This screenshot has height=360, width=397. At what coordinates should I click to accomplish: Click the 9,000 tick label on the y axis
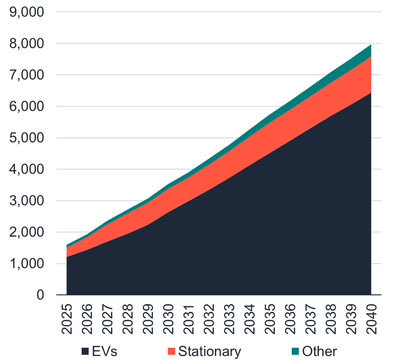(x=26, y=12)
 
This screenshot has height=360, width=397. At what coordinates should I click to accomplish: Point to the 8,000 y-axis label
(x=26, y=44)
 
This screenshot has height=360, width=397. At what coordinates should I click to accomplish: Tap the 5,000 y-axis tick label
(x=26, y=138)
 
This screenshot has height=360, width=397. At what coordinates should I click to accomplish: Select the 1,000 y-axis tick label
(x=26, y=264)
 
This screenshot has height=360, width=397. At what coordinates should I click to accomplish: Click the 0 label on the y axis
(x=40, y=295)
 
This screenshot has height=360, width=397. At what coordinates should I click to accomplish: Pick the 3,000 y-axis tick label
(x=26, y=201)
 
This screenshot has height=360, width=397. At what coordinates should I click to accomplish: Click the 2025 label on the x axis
(x=67, y=319)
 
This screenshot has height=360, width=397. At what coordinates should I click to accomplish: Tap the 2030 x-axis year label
(x=169, y=319)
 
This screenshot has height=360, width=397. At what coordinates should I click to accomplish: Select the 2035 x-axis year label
(x=270, y=319)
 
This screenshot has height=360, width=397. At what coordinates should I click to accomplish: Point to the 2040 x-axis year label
(x=371, y=319)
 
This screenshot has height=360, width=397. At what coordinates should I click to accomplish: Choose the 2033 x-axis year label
(x=230, y=319)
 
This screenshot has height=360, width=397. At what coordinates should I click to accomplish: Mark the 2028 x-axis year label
(x=128, y=319)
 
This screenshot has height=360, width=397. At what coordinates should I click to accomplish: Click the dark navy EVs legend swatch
(x=85, y=351)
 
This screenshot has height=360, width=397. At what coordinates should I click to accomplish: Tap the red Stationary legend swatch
(x=171, y=351)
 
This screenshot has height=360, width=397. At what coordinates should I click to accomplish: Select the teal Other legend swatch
(x=295, y=351)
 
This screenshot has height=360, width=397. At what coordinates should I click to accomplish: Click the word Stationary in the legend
(x=209, y=351)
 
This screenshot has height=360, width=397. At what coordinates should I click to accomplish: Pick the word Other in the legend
(x=319, y=351)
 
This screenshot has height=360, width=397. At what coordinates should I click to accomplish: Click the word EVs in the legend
(x=105, y=351)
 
